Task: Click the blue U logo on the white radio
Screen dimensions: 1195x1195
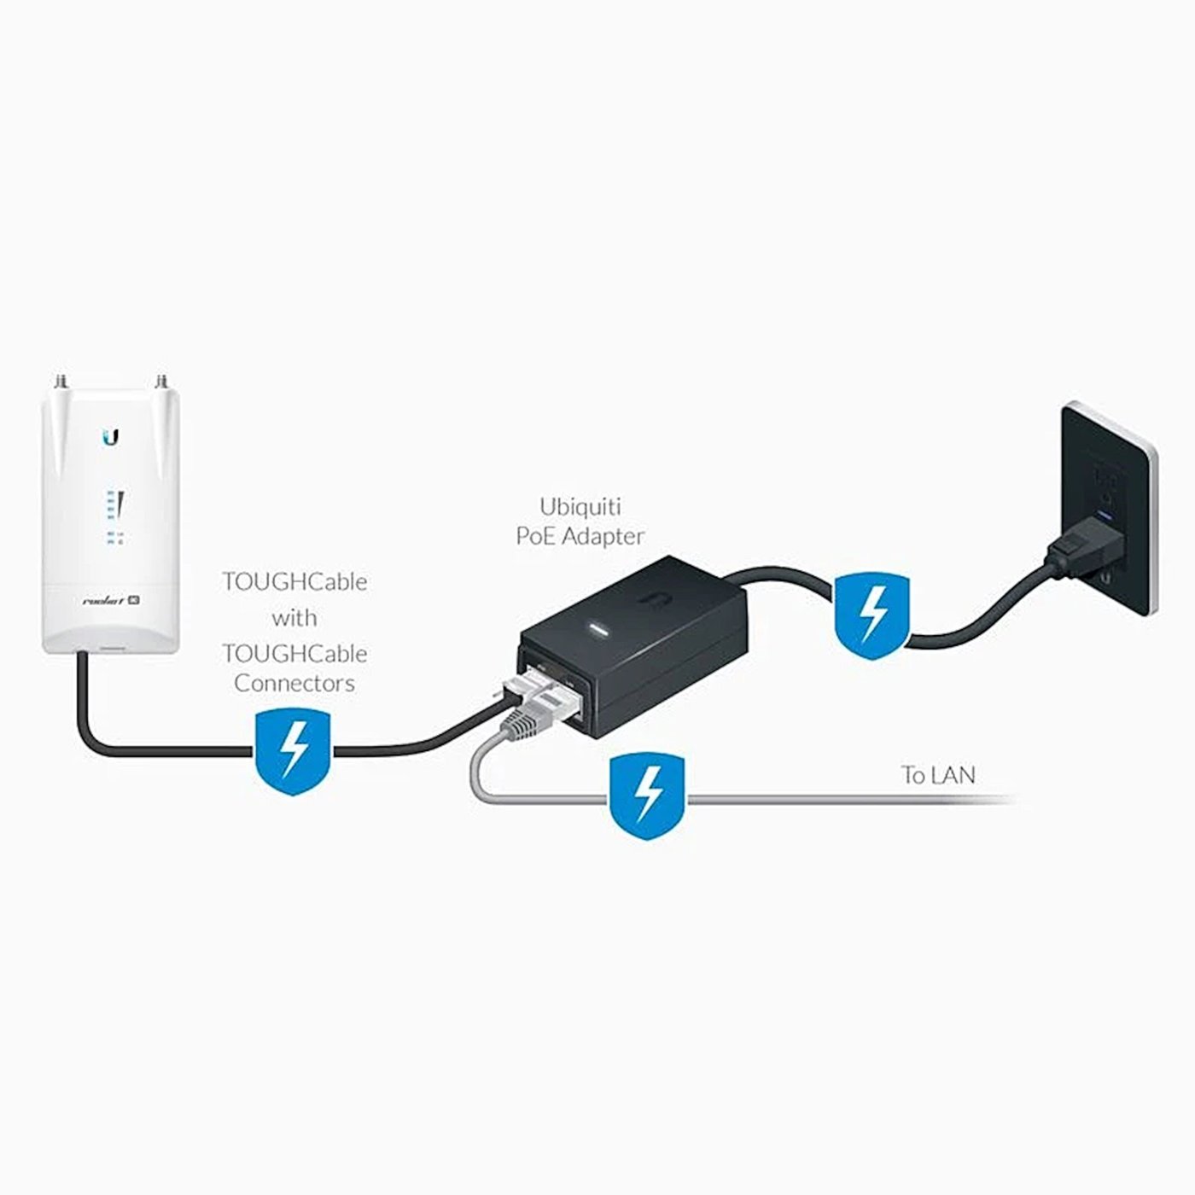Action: (x=110, y=437)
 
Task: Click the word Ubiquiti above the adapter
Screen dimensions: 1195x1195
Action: (x=580, y=506)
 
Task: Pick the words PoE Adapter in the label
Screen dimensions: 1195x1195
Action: (x=580, y=536)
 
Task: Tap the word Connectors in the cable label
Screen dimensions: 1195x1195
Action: (x=294, y=683)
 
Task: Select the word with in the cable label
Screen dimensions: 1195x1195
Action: (x=294, y=617)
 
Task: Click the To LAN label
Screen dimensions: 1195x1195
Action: (x=938, y=775)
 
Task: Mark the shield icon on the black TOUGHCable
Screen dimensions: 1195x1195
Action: (x=293, y=750)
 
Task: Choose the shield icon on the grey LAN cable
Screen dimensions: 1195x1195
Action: (x=647, y=796)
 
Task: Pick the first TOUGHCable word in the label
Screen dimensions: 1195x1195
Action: (x=294, y=582)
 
